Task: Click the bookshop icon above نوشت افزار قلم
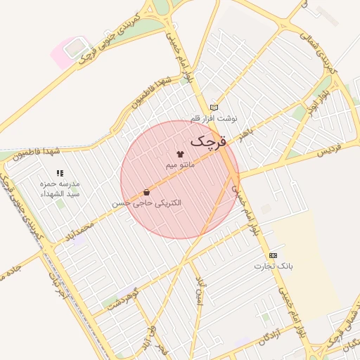214,108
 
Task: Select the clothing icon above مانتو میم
180,154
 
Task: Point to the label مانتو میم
180,165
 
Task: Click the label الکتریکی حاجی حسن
147,202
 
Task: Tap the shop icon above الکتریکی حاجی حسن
146,192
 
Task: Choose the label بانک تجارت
274,266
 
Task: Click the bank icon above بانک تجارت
273,255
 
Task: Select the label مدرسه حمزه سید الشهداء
60,188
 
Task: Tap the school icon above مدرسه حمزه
60,173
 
